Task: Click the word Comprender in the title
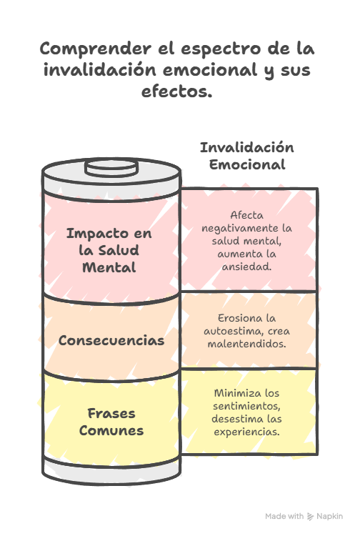pyautogui.click(x=96, y=49)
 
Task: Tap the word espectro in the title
pyautogui.click(x=221, y=49)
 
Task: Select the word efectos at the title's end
pyautogui.click(x=177, y=91)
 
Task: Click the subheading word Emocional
pyautogui.click(x=247, y=164)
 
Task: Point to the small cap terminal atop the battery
pyautogui.click(x=111, y=167)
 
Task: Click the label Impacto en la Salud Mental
pyautogui.click(x=109, y=250)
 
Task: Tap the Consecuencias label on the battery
pyautogui.click(x=111, y=340)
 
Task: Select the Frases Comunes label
pyautogui.click(x=111, y=422)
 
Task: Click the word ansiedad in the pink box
pyautogui.click(x=246, y=267)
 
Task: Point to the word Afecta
pyautogui.click(x=246, y=215)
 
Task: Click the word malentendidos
pyautogui.click(x=246, y=344)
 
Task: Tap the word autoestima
pyautogui.click(x=234, y=331)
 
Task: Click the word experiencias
pyautogui.click(x=246, y=432)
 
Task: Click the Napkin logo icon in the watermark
pyautogui.click(x=310, y=516)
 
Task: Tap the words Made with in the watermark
pyautogui.click(x=284, y=516)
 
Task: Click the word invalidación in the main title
pyautogui.click(x=100, y=70)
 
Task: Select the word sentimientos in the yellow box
pyautogui.click(x=246, y=406)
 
